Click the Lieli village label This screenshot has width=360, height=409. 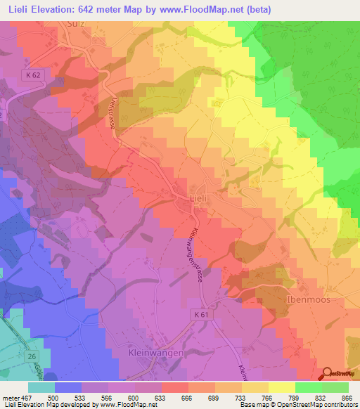pos(198,199)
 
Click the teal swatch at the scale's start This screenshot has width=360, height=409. pos(41,387)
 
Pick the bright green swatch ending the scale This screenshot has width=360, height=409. pos(335,387)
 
